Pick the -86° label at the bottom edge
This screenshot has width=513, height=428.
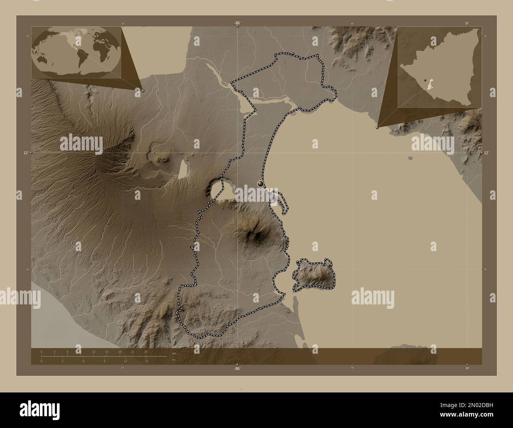click(x=237, y=368)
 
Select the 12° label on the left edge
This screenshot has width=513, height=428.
click(x=26, y=152)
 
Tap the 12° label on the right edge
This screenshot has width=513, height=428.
click(x=486, y=152)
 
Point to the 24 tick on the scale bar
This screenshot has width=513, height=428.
click(x=146, y=351)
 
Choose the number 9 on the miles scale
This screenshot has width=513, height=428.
click(x=104, y=361)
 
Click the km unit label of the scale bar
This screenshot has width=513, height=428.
click(x=174, y=353)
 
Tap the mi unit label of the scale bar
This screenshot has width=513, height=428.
click(x=173, y=360)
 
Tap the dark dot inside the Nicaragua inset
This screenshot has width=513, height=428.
click(x=425, y=81)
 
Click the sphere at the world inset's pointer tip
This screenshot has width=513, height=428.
click(x=142, y=90)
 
